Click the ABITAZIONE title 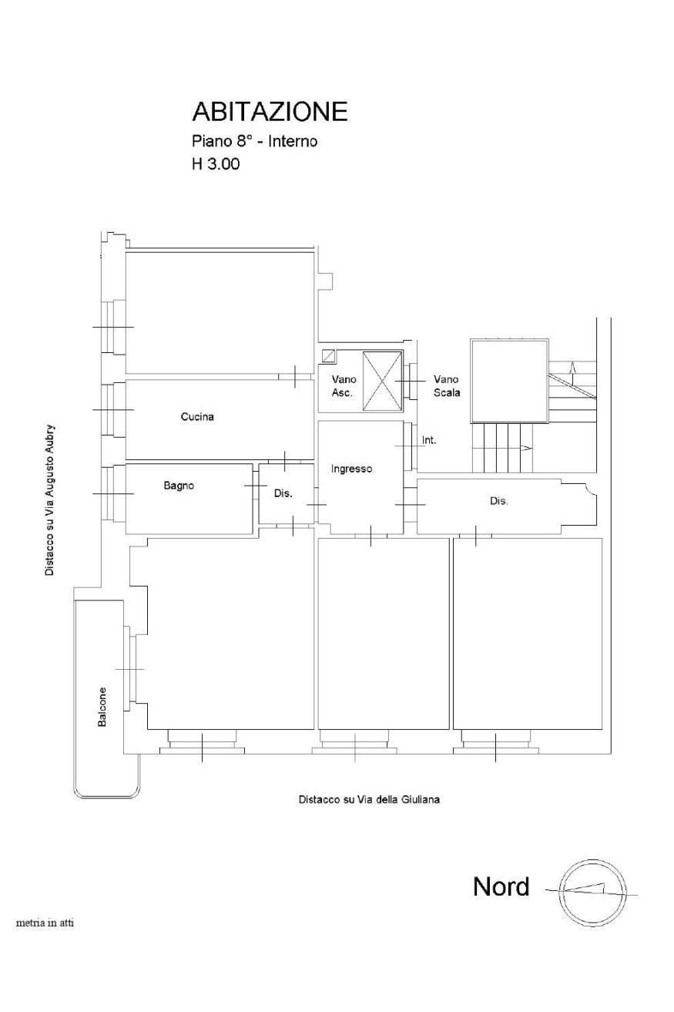270,112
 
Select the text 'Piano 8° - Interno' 255,141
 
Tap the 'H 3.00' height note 216,163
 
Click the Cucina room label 197,416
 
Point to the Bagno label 179,486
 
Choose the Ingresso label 352,469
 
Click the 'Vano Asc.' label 344,386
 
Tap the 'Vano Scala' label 447,386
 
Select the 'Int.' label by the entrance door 429,439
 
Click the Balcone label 102,707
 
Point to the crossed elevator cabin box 382,382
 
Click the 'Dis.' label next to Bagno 283,493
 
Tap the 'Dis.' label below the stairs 499,501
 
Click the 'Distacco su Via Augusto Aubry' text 49,500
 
